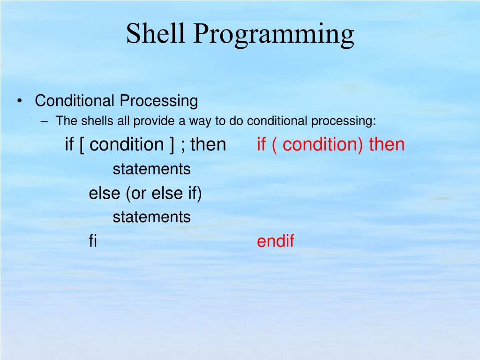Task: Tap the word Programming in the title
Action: (274, 35)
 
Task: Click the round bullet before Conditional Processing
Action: (20, 101)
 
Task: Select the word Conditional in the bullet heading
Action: (75, 100)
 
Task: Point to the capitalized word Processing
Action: (159, 101)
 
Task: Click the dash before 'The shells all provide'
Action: (44, 121)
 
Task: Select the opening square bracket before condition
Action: (82, 145)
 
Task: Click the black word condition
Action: (127, 144)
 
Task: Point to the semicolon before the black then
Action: (183, 146)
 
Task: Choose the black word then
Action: (208, 144)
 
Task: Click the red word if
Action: (261, 144)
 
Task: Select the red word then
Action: (387, 144)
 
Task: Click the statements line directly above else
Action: (151, 169)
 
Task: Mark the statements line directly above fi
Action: (151, 217)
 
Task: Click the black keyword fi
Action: (93, 240)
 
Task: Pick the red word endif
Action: (276, 240)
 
